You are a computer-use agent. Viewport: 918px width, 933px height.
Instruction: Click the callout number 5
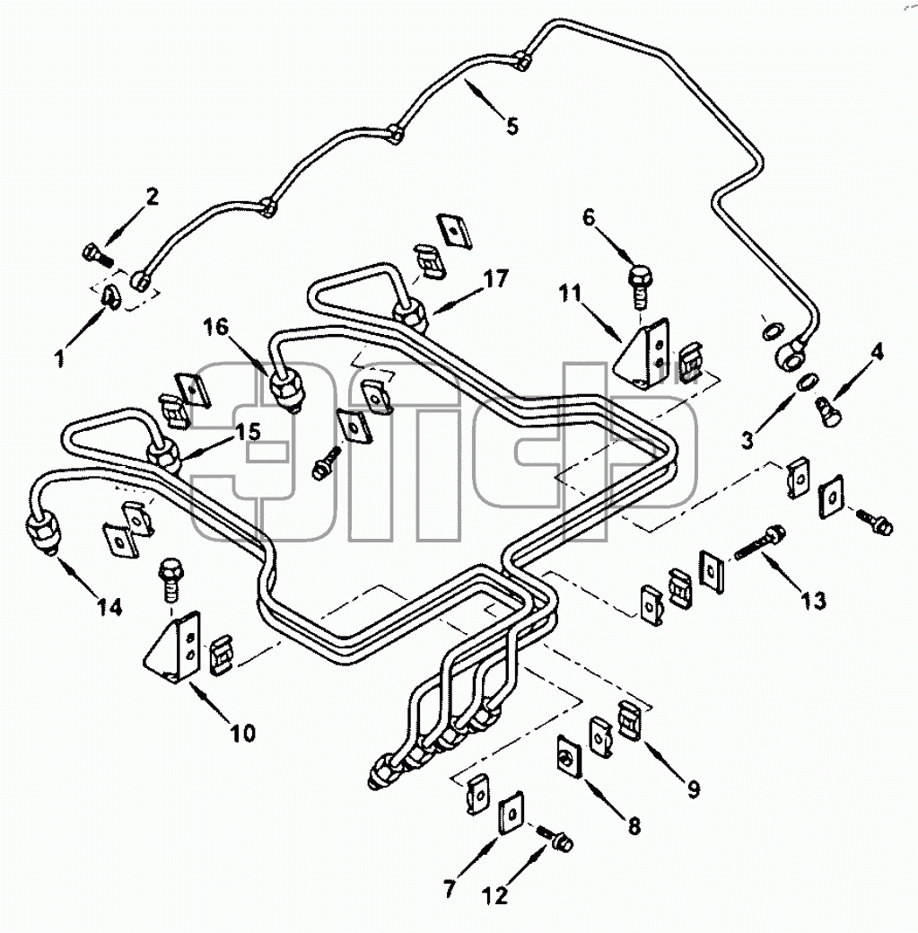click(x=511, y=126)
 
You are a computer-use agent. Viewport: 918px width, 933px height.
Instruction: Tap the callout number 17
click(x=496, y=278)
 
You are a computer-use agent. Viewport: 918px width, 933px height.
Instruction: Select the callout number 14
click(x=110, y=607)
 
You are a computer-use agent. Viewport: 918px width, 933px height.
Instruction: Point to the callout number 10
click(x=242, y=733)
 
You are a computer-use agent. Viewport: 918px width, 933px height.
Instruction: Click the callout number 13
click(x=813, y=601)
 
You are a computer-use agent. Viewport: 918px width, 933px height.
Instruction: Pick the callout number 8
click(x=634, y=826)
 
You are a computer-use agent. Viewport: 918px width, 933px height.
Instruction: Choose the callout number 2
click(x=153, y=197)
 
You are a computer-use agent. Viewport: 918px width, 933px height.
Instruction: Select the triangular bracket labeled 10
click(x=173, y=647)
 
